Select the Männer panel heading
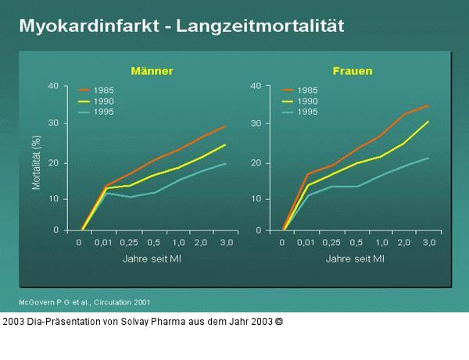point(153,71)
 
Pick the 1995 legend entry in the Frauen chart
point(307,112)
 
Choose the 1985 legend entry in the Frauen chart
point(307,91)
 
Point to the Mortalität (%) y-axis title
point(36,162)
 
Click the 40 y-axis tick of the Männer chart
point(53,86)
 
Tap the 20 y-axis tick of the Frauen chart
point(256,162)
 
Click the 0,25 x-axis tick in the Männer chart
point(131,244)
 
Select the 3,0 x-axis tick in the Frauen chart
point(429,244)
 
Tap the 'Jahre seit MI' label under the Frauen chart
point(355,258)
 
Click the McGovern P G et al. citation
point(84,301)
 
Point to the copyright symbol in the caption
point(278,321)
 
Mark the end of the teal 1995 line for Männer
point(225,163)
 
